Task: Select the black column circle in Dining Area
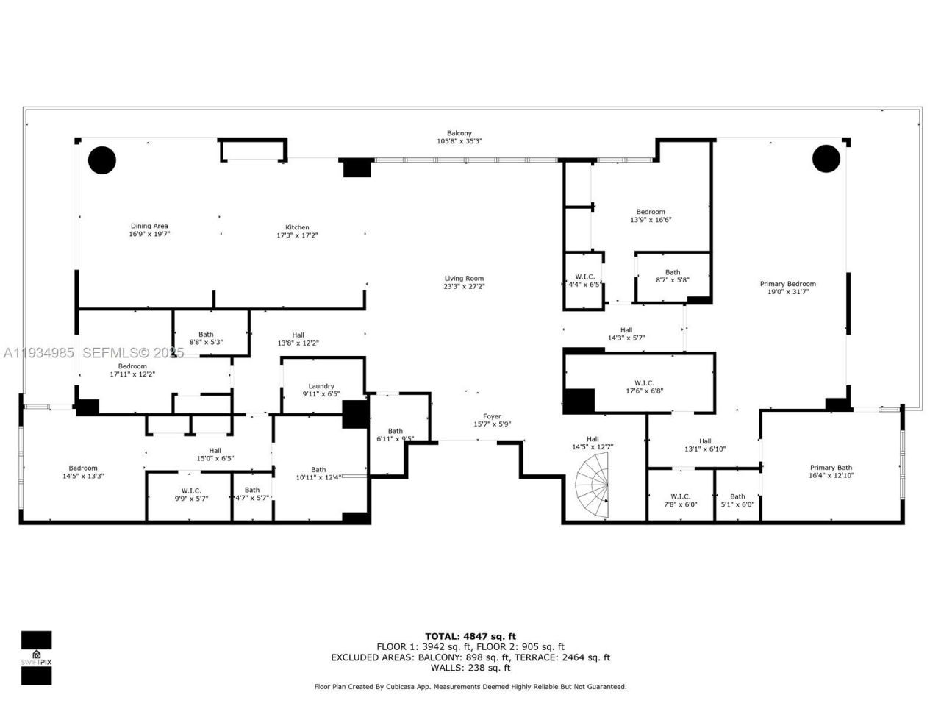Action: (x=102, y=160)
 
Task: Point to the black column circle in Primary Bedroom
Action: (x=826, y=158)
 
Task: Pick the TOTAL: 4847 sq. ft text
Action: (x=470, y=636)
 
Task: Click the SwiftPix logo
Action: (x=36, y=657)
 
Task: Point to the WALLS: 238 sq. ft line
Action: (x=470, y=668)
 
